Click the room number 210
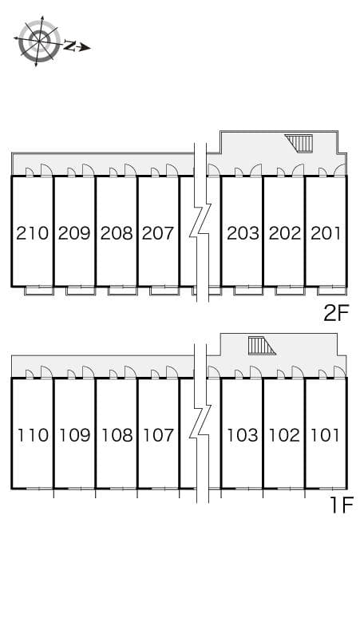tap(33, 233)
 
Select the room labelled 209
tap(74, 233)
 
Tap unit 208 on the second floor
tap(117, 233)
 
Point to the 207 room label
tap(158, 233)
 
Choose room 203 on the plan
tap(243, 233)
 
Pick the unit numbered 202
tap(284, 233)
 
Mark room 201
tap(326, 233)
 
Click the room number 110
tap(33, 435)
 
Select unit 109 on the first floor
tap(74, 435)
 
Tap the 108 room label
tap(117, 435)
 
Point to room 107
tap(158, 435)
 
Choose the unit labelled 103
tap(243, 435)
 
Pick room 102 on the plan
tap(284, 435)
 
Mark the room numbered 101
tap(326, 435)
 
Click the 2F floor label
tap(336, 313)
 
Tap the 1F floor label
tap(338, 505)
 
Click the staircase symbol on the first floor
tap(261, 346)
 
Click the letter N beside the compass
tap(69, 46)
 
